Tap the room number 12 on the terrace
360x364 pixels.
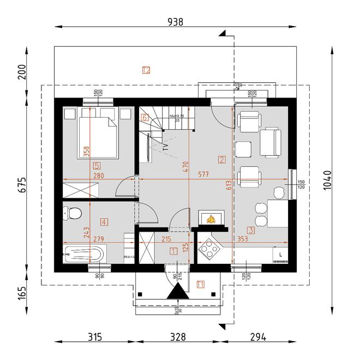(146, 70)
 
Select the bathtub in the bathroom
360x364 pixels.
(84, 254)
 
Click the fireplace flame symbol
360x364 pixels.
(211, 220)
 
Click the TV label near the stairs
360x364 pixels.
(166, 147)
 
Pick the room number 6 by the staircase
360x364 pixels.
(145, 117)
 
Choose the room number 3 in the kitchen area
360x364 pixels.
(250, 230)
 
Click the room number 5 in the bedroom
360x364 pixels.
(97, 166)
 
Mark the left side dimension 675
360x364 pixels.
(22, 184)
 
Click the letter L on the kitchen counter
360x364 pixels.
(280, 254)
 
